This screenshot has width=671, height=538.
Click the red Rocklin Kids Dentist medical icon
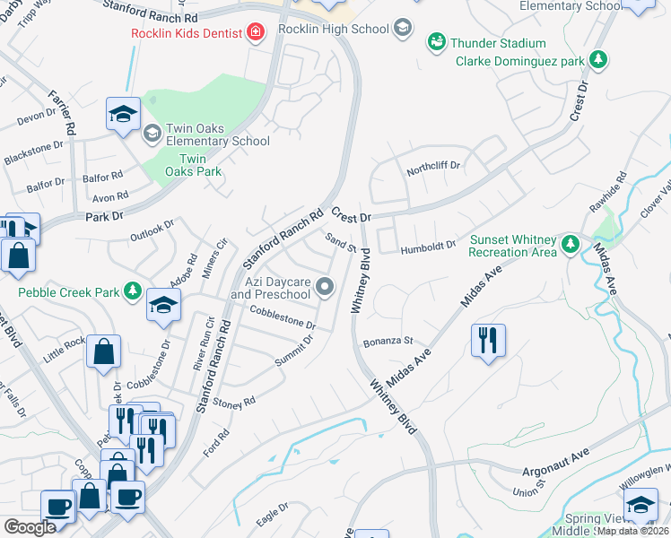[257, 33]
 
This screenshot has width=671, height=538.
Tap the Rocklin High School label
[332, 29]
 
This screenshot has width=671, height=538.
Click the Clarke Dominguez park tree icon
[598, 61]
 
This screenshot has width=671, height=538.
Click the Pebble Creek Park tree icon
[132, 291]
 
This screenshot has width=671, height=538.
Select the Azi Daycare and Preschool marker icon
[325, 287]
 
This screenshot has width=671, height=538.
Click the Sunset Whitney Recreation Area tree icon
[569, 245]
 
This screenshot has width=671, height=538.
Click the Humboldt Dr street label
[428, 247]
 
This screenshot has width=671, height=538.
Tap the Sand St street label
[342, 241]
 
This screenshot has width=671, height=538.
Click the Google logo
[30, 527]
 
